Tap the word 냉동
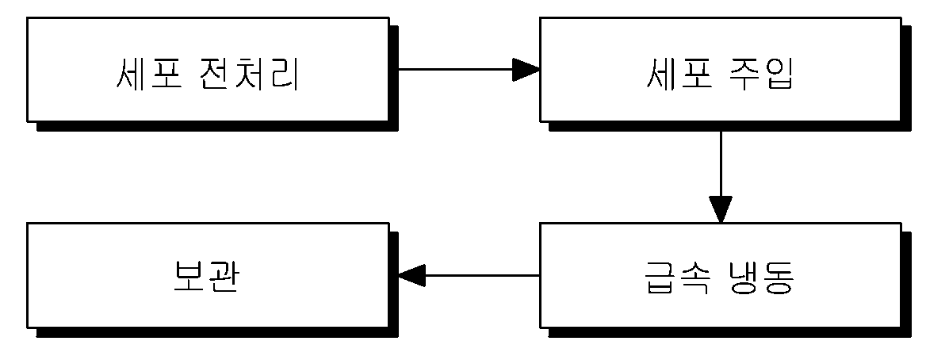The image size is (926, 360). point(758,276)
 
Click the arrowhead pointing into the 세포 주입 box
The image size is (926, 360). point(526,70)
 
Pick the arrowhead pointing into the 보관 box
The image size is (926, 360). point(412,275)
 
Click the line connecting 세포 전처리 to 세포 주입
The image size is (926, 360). point(455,70)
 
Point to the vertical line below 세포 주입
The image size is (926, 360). point(721,163)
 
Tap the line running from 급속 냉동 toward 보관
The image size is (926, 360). point(483,275)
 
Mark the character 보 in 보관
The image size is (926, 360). point(189,276)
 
